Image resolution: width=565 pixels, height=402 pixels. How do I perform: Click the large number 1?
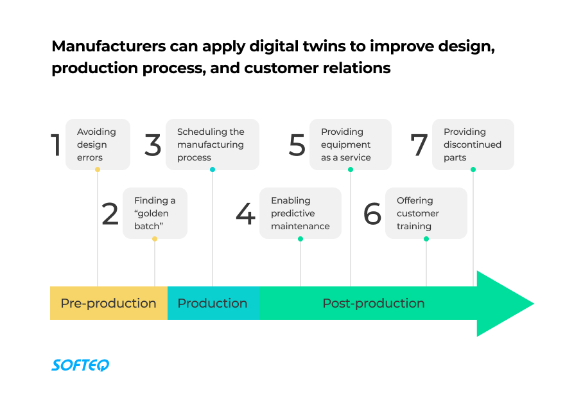pos(56,145)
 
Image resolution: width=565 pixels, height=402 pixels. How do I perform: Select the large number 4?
pos(245,214)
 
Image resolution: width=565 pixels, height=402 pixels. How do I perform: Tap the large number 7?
pos(419,145)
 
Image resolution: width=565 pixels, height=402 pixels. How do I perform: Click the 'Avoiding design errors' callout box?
pos(98,144)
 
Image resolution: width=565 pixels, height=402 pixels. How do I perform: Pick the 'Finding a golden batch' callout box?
pos(155,213)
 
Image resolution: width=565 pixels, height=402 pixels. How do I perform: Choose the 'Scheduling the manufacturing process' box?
pos(212,144)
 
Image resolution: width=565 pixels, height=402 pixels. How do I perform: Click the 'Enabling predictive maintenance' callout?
pos(300,213)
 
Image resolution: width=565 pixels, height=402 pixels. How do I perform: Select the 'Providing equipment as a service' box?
pos(350,144)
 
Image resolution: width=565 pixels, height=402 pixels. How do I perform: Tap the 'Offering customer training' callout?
pos(426,213)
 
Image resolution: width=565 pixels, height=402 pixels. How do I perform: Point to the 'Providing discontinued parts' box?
pos(473,144)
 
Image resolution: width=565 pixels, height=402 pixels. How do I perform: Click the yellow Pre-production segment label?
pos(109,303)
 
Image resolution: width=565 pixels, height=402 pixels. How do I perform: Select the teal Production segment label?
pos(212,303)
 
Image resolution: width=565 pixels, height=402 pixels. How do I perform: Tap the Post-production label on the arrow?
pos(373,303)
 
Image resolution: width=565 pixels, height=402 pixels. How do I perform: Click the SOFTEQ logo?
pos(80,365)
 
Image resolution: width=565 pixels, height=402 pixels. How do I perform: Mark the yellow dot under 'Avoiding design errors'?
pos(98,170)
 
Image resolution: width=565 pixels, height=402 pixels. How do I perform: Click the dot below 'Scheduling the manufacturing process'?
pos(213,170)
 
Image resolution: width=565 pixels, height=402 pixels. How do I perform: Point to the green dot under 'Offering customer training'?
pos(426,239)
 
